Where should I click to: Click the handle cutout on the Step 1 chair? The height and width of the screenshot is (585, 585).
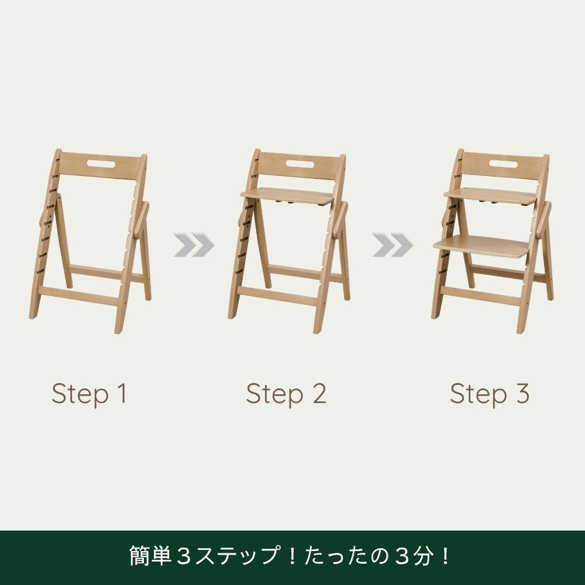pyautogui.click(x=101, y=163)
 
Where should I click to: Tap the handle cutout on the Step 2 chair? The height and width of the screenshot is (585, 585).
pyautogui.click(x=300, y=163)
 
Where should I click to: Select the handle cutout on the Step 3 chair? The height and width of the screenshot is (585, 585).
pyautogui.click(x=503, y=163)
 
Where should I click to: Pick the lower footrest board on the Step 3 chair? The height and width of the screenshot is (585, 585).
pyautogui.click(x=482, y=246)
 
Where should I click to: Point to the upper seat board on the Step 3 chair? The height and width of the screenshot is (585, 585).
pyautogui.click(x=490, y=195)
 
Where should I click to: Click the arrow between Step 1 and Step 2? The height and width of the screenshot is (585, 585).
pyautogui.click(x=194, y=245)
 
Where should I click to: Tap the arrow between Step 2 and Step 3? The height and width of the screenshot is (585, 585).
pyautogui.click(x=393, y=245)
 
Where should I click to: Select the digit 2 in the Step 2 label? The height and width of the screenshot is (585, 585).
pyautogui.click(x=319, y=393)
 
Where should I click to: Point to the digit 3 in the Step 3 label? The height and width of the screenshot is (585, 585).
pyautogui.click(x=522, y=393)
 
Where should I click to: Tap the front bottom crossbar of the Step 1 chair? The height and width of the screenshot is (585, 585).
pyautogui.click(x=79, y=296)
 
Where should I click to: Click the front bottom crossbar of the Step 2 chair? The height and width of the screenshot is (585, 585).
pyautogui.click(x=278, y=296)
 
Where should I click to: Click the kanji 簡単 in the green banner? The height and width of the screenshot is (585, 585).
pyautogui.click(x=150, y=556)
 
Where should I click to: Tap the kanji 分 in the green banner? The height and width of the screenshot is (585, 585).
pyautogui.click(x=425, y=556)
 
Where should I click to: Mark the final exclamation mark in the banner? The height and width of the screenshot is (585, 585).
pyautogui.click(x=445, y=556)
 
